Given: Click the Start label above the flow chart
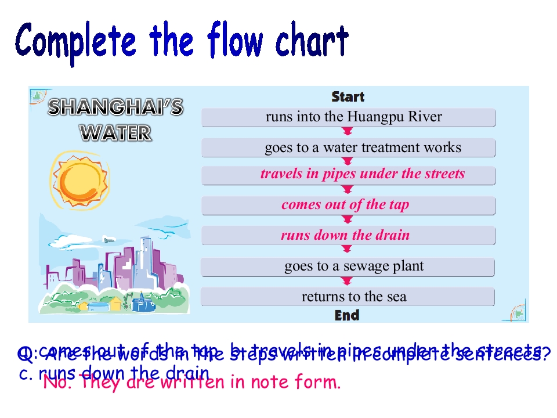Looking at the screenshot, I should (x=348, y=96).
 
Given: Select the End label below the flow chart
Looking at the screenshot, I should (x=347, y=315).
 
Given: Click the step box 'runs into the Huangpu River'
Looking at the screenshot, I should (x=348, y=117).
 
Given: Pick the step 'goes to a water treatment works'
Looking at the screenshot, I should (x=348, y=147).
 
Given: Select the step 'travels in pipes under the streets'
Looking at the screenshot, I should (x=348, y=175).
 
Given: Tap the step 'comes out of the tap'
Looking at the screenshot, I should (x=348, y=205).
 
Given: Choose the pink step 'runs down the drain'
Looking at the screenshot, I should (x=348, y=235).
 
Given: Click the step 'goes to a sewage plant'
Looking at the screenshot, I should (x=348, y=266).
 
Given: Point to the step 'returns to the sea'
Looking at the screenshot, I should (x=348, y=297).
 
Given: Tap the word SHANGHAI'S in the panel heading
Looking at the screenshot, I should (x=115, y=107).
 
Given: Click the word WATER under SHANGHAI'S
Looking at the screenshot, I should (x=115, y=134).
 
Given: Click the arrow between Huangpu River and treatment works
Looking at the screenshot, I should (x=348, y=132).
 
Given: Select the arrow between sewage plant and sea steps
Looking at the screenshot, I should (x=348, y=282).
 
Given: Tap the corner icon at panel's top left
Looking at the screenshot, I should (x=38, y=96).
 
